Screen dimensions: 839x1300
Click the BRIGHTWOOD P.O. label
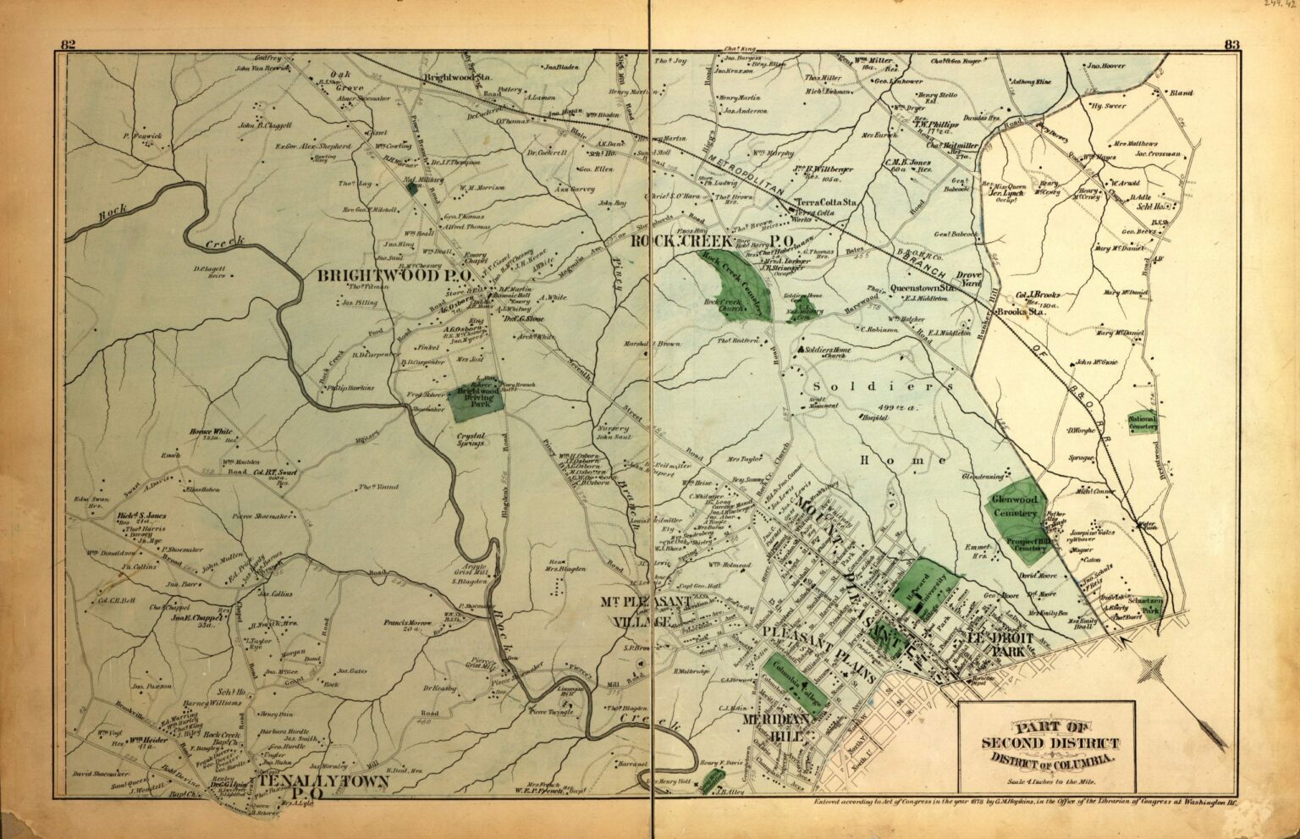point(390,276)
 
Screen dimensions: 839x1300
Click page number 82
point(69,45)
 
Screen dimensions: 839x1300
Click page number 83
point(1231,45)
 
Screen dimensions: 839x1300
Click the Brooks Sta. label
point(1022,312)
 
